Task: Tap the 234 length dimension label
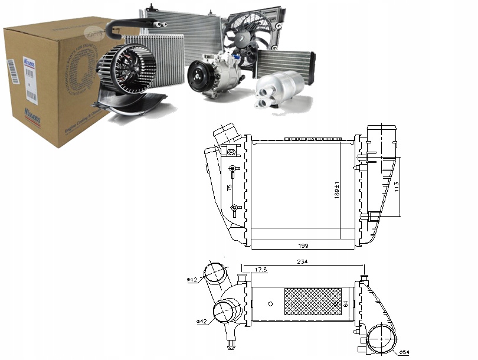click(x=303, y=261)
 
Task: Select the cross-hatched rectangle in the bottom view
click(x=313, y=301)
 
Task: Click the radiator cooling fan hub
click(x=243, y=35)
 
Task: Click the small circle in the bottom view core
click(x=270, y=304)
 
